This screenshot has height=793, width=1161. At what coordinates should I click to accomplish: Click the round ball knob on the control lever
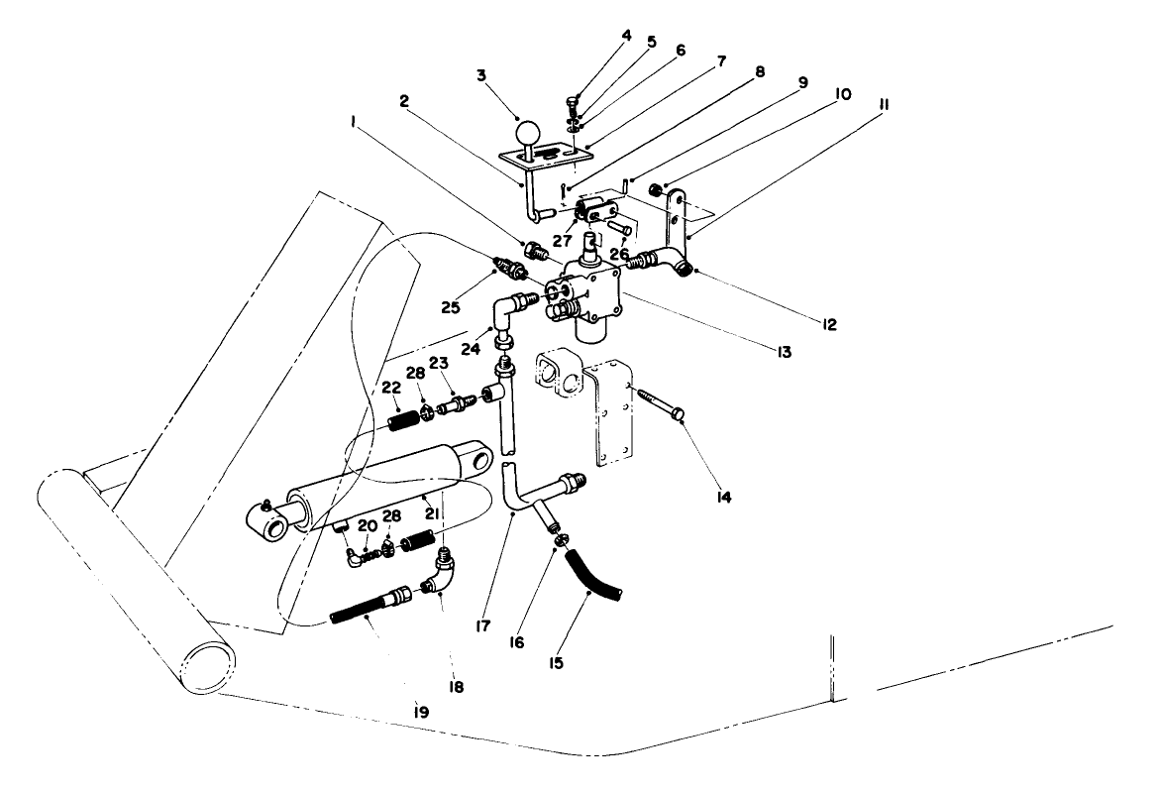coord(529,131)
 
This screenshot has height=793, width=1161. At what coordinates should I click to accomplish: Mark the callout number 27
coord(561,239)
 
